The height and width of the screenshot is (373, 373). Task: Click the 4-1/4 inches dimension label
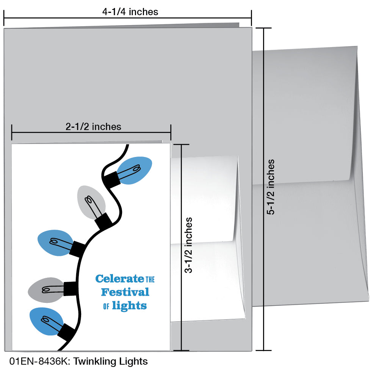coord(130,12)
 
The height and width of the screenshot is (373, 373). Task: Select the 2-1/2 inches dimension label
coord(93,127)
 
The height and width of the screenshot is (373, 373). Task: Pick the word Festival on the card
coord(125,292)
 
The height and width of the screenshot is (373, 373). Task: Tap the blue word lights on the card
coord(129,305)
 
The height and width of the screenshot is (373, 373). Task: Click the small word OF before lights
coord(106,306)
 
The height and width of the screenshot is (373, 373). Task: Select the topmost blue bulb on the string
coord(135,169)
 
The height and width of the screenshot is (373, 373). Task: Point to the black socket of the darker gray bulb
coord(71,288)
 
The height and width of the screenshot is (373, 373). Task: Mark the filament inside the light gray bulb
coord(91,203)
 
